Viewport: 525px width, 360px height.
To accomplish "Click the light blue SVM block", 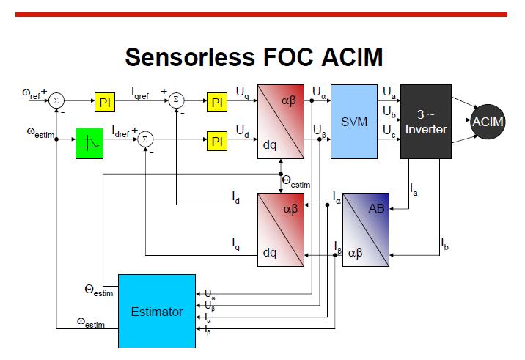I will tap(354, 121).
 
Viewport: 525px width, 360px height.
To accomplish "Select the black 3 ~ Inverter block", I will tap(426, 121).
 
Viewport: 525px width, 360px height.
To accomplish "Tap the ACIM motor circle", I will tap(488, 121).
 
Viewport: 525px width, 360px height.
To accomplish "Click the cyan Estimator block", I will tap(156, 312).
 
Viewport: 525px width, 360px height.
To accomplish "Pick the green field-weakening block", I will tap(91, 142).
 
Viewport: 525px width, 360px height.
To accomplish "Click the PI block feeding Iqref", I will tap(106, 103).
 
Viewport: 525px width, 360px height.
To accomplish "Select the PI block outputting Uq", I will tap(217, 103).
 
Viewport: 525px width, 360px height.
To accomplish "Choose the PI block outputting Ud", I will tap(217, 141).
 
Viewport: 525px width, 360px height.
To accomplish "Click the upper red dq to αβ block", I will tap(281, 121).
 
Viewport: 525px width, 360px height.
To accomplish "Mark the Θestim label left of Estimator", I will tap(98, 290).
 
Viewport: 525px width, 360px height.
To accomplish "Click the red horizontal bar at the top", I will tap(262, 14).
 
